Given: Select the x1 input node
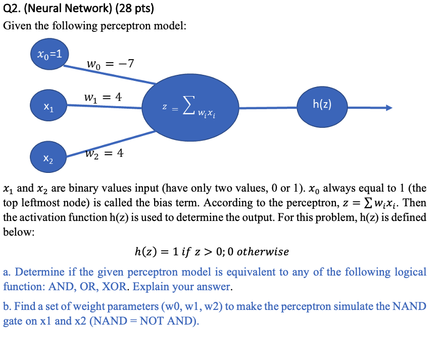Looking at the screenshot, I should (x=48, y=107).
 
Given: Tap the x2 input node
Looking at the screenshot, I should (x=48, y=158).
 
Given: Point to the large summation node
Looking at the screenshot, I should (x=191, y=108).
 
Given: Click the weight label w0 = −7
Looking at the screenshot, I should (x=110, y=64).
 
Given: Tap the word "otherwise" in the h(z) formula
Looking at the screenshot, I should (x=263, y=251).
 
